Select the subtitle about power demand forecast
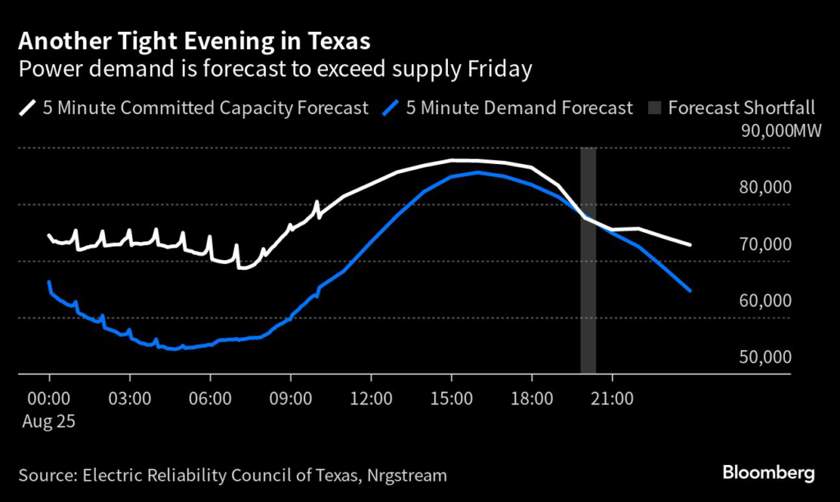click(276, 69)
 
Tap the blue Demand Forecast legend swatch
click(395, 107)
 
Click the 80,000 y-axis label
click(765, 187)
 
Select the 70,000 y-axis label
click(765, 244)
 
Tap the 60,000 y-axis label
click(765, 301)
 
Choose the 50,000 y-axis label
click(765, 358)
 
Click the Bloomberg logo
click(768, 472)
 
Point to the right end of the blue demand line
click(690, 290)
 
